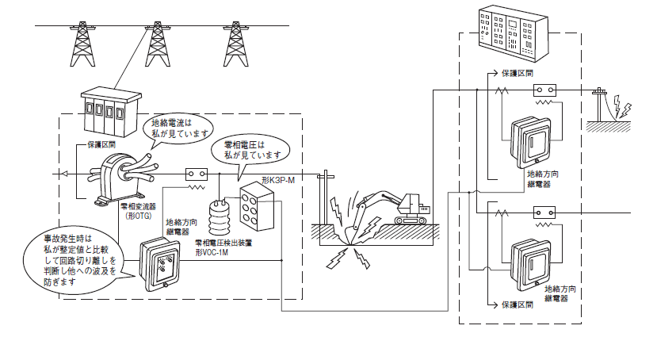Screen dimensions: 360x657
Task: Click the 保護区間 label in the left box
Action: (x=102, y=146)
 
